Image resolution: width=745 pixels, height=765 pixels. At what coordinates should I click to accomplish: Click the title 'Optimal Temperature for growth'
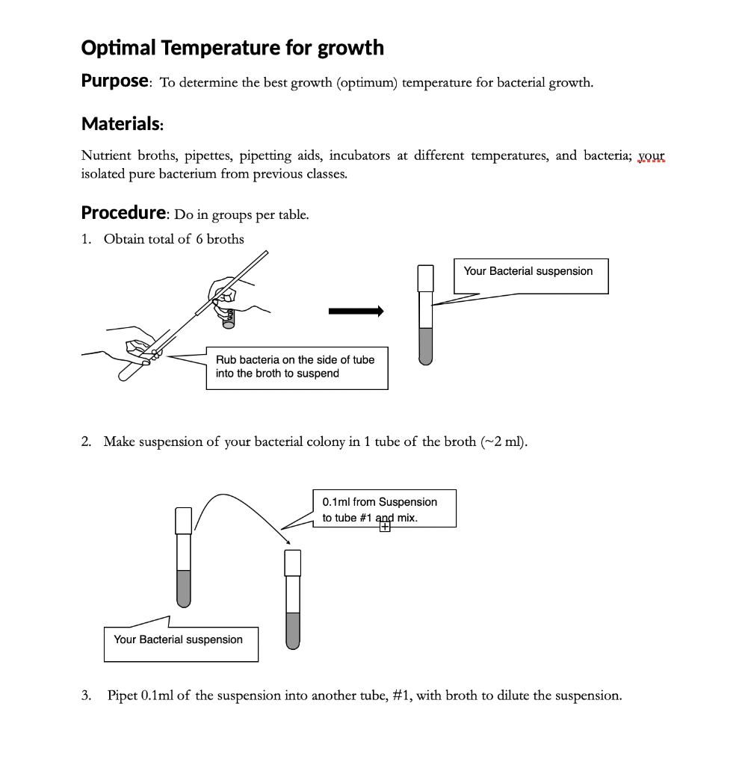point(232,48)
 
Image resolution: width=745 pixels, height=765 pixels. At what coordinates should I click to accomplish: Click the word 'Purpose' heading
point(114,81)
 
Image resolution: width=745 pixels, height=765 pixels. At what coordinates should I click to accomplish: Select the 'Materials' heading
point(120,123)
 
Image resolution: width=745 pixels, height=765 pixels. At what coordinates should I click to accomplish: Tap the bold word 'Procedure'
point(123,213)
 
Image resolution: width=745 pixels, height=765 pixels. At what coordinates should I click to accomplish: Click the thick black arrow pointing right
point(356,312)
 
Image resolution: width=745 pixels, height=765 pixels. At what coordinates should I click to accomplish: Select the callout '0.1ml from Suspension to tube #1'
point(383,509)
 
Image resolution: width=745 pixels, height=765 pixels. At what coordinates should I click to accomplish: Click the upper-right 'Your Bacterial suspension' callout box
point(531,275)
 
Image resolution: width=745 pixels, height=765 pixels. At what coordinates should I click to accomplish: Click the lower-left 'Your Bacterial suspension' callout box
point(180,643)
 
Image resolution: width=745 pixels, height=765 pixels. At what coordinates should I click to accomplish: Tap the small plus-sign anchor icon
point(385,527)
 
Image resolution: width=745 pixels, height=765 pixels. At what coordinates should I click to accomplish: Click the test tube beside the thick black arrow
point(426,314)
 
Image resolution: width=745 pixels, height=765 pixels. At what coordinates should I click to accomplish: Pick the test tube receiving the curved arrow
point(293,598)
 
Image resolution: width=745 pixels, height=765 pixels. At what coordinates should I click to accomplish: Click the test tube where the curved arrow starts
point(183,557)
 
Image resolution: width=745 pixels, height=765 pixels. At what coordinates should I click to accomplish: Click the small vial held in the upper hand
point(228,317)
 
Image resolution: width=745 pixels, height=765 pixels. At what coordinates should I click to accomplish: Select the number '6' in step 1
point(200,240)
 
